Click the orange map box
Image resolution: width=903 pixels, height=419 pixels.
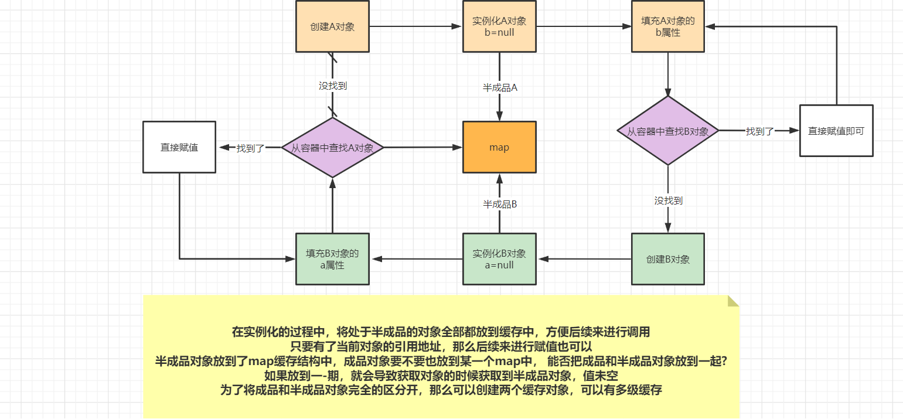click(x=499, y=147)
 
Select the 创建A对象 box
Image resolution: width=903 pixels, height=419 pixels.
click(x=332, y=26)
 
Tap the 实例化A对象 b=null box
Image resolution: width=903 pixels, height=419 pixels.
click(x=499, y=26)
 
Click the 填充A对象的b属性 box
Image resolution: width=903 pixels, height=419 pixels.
click(x=668, y=26)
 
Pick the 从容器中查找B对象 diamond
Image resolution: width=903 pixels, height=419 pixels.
click(x=668, y=131)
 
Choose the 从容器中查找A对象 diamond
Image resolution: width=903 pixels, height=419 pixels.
click(x=332, y=148)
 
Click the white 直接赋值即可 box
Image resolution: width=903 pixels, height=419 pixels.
click(x=836, y=131)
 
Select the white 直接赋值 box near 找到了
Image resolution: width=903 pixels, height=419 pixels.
click(x=179, y=147)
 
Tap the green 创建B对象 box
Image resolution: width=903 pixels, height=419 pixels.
click(x=668, y=259)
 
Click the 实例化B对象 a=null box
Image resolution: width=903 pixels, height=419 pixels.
click(x=499, y=259)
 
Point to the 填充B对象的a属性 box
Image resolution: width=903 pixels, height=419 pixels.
click(x=332, y=259)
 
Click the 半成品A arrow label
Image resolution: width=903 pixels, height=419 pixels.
click(x=499, y=87)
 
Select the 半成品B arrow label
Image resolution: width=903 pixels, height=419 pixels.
click(x=499, y=204)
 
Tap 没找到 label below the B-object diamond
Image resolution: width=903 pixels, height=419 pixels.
click(x=668, y=200)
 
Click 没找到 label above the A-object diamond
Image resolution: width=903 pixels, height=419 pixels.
click(x=332, y=86)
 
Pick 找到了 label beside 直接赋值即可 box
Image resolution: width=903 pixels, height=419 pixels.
click(x=760, y=131)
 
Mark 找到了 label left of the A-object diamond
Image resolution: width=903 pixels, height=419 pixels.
click(x=251, y=148)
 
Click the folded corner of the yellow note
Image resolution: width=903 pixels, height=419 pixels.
click(x=732, y=301)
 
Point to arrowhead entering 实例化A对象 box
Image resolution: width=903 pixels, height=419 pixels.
click(x=458, y=26)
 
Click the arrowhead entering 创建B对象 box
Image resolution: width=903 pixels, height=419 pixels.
click(x=668, y=229)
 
